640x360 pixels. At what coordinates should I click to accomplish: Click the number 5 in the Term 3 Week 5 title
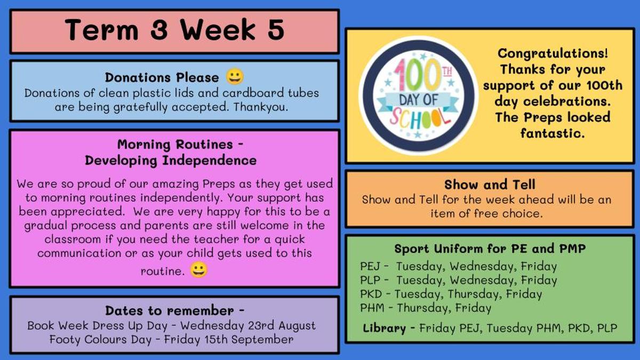click(x=276, y=30)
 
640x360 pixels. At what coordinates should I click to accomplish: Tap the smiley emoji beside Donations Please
click(x=235, y=77)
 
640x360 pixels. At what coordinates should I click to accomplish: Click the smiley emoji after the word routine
click(x=199, y=269)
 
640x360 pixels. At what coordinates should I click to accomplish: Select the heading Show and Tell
click(x=490, y=185)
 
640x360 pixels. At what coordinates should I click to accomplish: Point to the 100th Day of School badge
click(x=419, y=95)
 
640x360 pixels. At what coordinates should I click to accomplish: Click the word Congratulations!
click(x=553, y=53)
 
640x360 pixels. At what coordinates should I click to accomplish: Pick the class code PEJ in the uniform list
click(x=370, y=266)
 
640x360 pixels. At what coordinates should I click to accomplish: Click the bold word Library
click(x=385, y=328)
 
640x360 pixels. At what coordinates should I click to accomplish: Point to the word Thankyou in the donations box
click(x=260, y=107)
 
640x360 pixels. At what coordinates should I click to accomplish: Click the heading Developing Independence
click(x=171, y=161)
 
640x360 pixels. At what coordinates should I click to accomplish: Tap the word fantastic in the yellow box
click(x=553, y=133)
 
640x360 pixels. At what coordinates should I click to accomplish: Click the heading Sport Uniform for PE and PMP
click(x=490, y=249)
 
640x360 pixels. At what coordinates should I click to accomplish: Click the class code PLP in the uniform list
click(x=370, y=280)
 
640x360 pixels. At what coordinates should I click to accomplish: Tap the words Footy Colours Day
click(x=100, y=339)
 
